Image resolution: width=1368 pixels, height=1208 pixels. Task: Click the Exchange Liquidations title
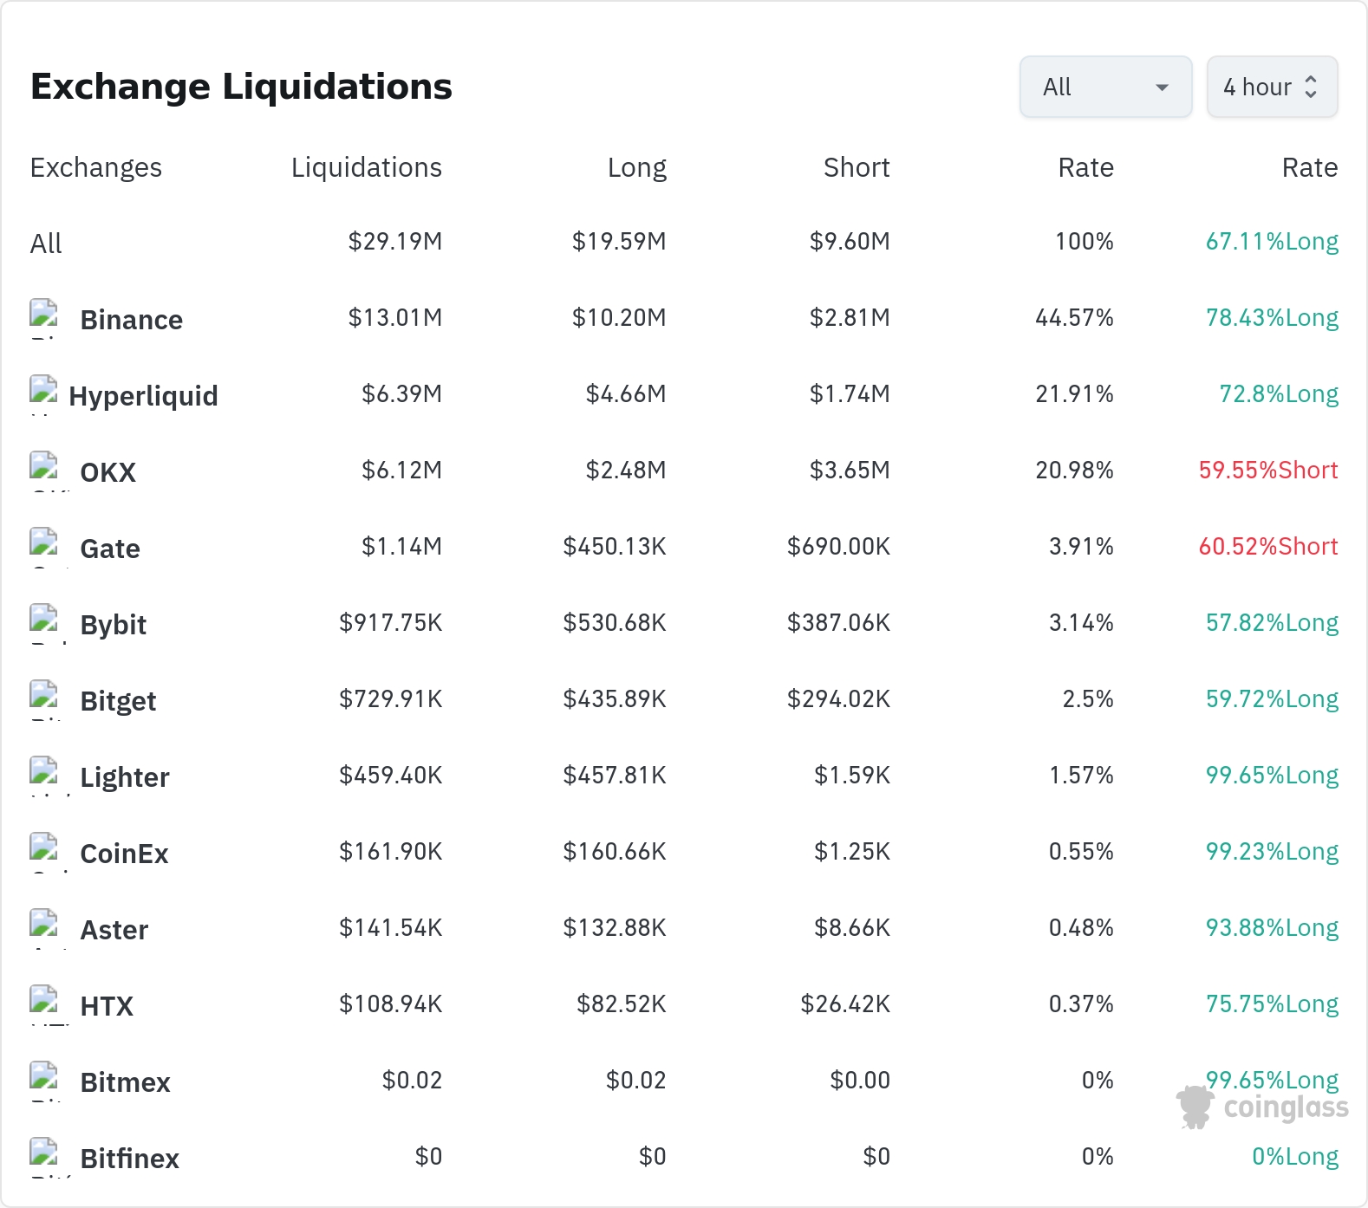(241, 87)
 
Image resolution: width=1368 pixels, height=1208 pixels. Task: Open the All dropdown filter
(1105, 87)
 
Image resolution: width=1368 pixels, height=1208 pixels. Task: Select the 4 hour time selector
(1272, 87)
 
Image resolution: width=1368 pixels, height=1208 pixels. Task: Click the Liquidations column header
(367, 167)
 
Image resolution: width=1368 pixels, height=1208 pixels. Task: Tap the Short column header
(857, 167)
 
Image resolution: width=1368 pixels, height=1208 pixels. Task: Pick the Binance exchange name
(132, 320)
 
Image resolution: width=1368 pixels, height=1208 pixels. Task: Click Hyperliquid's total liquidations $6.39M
(401, 394)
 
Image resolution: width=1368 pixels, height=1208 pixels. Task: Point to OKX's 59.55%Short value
(1268, 471)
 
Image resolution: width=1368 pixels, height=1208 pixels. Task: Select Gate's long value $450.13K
(615, 547)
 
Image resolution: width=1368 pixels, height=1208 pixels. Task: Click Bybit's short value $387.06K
(838, 623)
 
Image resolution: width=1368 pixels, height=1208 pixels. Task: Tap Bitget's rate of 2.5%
(1088, 699)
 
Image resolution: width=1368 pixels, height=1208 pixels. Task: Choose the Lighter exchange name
(125, 777)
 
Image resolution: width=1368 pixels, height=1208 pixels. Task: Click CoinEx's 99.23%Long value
(1272, 852)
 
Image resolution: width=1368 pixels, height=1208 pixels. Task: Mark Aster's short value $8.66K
(852, 928)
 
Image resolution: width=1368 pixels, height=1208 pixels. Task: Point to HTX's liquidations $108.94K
(391, 1004)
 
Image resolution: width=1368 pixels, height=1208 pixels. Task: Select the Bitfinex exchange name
(130, 1159)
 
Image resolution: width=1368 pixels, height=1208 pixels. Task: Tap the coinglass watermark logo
(1262, 1107)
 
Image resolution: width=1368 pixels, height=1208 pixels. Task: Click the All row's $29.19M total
(395, 242)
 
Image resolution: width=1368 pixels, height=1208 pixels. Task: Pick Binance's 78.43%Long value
(1272, 318)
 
